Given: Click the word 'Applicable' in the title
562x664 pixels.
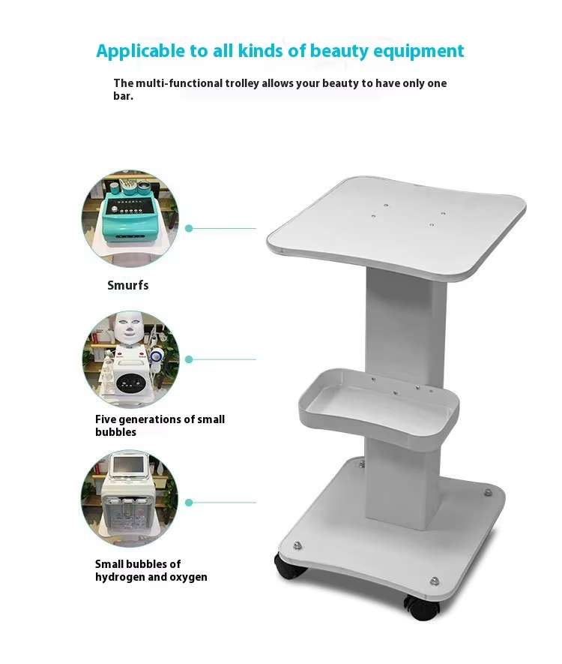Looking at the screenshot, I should [x=140, y=51].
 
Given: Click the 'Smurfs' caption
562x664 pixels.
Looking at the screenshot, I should [x=128, y=285].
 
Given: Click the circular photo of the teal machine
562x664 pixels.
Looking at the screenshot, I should [x=130, y=218].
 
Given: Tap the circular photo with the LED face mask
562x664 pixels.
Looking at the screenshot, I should [x=130, y=359].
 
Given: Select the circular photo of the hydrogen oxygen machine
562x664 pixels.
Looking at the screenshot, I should [x=130, y=497].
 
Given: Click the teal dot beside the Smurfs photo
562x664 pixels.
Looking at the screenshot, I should [x=189, y=228].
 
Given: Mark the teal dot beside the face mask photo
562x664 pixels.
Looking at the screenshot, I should [x=189, y=359].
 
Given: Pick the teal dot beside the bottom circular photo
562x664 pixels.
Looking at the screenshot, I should [x=189, y=503].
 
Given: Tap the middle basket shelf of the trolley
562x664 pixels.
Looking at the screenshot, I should [x=378, y=406].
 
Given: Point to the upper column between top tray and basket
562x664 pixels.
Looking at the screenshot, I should [x=405, y=323].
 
